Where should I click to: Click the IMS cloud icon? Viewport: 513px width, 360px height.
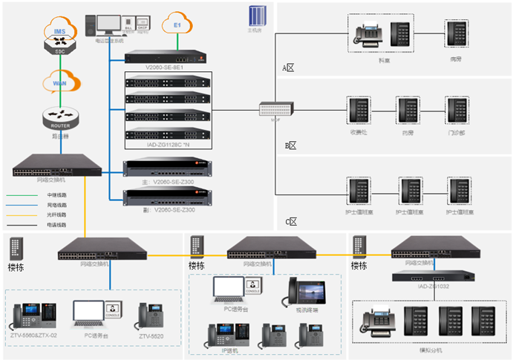(59, 32)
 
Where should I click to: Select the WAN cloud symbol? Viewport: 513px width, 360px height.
(59, 83)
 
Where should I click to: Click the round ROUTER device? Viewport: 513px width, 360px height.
(59, 117)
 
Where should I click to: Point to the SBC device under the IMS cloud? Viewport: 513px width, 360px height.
(59, 48)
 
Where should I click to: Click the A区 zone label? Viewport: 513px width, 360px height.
(288, 68)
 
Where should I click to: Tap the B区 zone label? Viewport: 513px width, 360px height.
(290, 145)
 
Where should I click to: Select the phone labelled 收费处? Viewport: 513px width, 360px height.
(360, 112)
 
